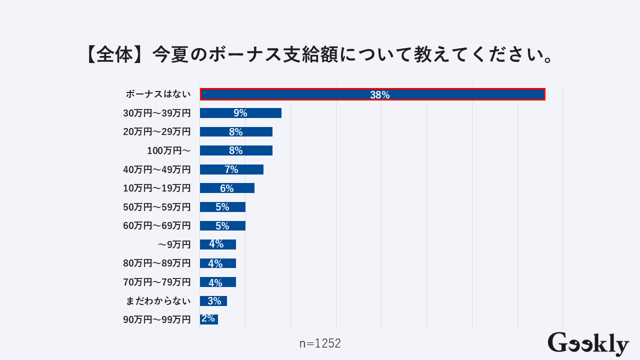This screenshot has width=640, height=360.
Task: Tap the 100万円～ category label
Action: coord(168,150)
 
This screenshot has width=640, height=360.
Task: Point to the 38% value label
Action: coord(379,95)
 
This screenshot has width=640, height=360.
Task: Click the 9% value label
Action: coord(240,113)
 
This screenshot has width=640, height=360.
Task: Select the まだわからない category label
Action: coord(157,301)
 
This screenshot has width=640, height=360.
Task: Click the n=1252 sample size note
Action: coord(320,343)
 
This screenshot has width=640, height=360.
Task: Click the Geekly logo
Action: coord(588,344)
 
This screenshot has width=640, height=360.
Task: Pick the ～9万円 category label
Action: coord(174,244)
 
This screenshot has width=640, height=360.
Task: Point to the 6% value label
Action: coord(227,188)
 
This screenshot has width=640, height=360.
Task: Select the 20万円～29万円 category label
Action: coord(157,132)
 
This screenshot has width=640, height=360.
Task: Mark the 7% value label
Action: coord(231,169)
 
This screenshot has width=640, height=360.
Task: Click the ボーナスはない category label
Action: coord(158,94)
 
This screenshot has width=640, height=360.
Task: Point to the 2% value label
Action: coord(208,319)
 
